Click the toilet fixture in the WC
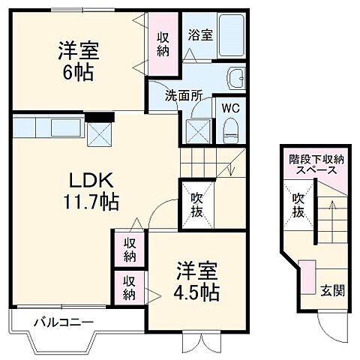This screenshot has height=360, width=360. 230,129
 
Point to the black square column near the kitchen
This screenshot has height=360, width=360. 98,116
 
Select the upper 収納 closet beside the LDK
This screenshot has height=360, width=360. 130,249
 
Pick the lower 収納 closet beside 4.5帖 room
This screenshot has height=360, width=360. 130,286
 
